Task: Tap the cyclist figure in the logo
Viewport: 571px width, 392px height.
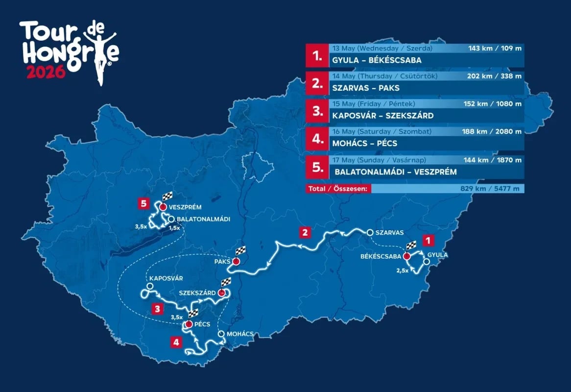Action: pos(100,54)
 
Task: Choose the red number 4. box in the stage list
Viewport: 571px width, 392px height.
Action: pos(317,139)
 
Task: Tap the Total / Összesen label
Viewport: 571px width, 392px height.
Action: pos(338,189)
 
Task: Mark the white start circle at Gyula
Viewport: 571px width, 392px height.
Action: pos(426,263)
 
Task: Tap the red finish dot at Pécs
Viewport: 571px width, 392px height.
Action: pos(189,324)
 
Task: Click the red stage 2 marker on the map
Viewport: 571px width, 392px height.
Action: pos(305,232)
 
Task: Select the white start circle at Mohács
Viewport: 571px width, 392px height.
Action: pos(221,334)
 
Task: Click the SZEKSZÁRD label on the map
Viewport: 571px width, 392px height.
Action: pos(198,293)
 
